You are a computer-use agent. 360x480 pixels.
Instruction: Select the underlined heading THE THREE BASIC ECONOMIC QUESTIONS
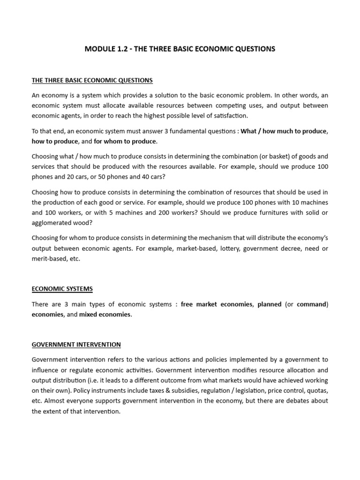click(x=92, y=80)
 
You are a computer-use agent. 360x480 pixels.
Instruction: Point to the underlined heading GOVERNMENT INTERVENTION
click(x=76, y=344)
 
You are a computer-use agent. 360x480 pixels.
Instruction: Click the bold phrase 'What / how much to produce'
click(x=283, y=131)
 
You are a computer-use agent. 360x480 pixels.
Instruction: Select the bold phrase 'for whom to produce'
click(x=125, y=141)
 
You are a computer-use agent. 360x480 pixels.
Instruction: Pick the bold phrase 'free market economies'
click(x=216, y=304)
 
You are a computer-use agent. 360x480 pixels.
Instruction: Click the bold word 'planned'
click(x=270, y=304)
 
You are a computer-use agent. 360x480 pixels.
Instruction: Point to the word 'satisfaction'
click(x=230, y=115)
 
